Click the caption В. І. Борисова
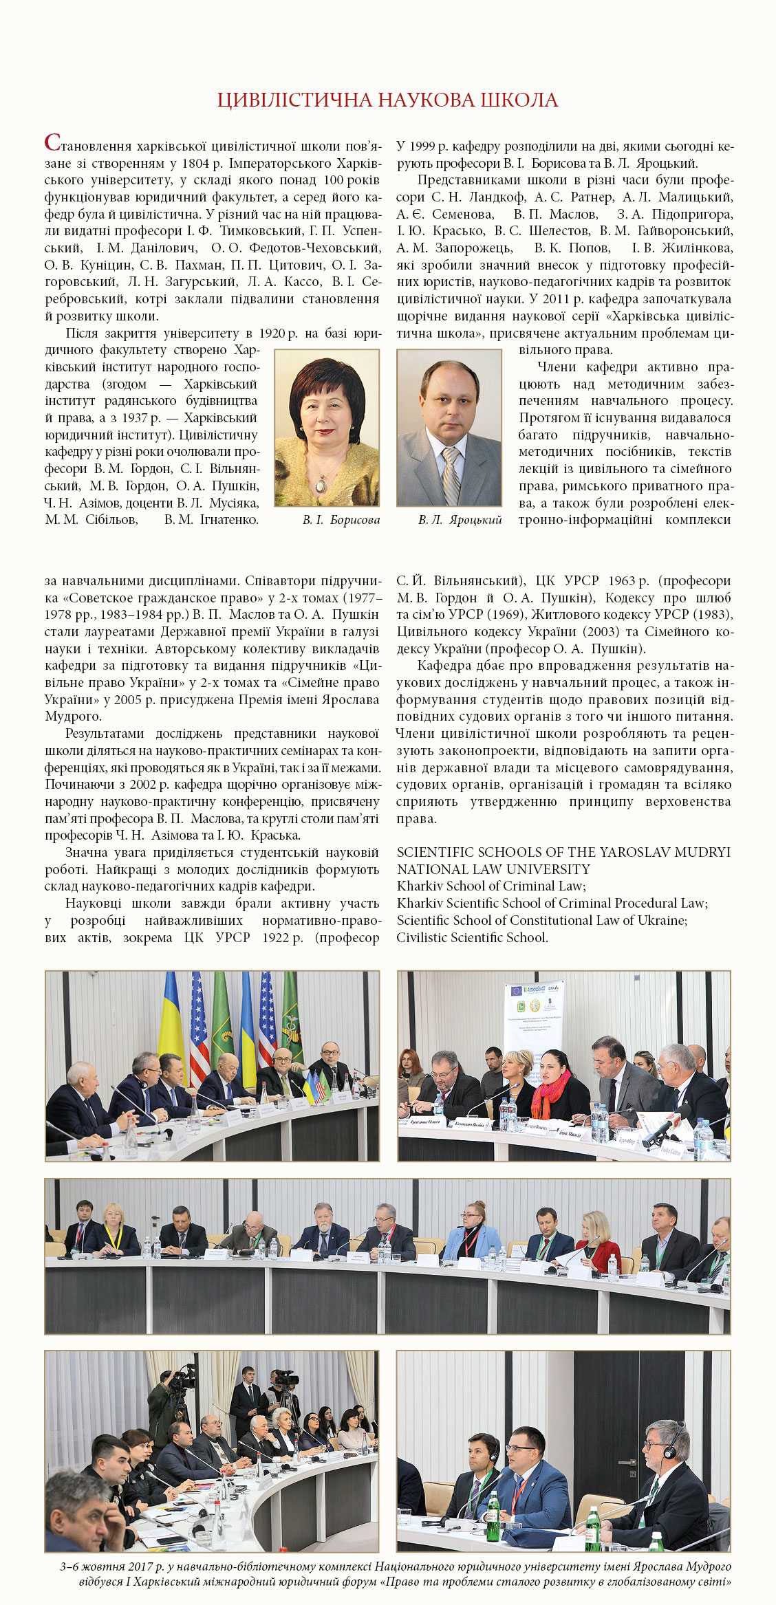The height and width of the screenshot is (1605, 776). pos(341,520)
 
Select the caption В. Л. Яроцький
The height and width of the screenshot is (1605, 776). pos(460,520)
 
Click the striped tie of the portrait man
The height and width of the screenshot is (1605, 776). pos(451,474)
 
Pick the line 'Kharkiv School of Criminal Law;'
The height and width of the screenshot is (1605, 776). pos(491,886)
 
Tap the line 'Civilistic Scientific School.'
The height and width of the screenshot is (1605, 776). pos(472,937)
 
